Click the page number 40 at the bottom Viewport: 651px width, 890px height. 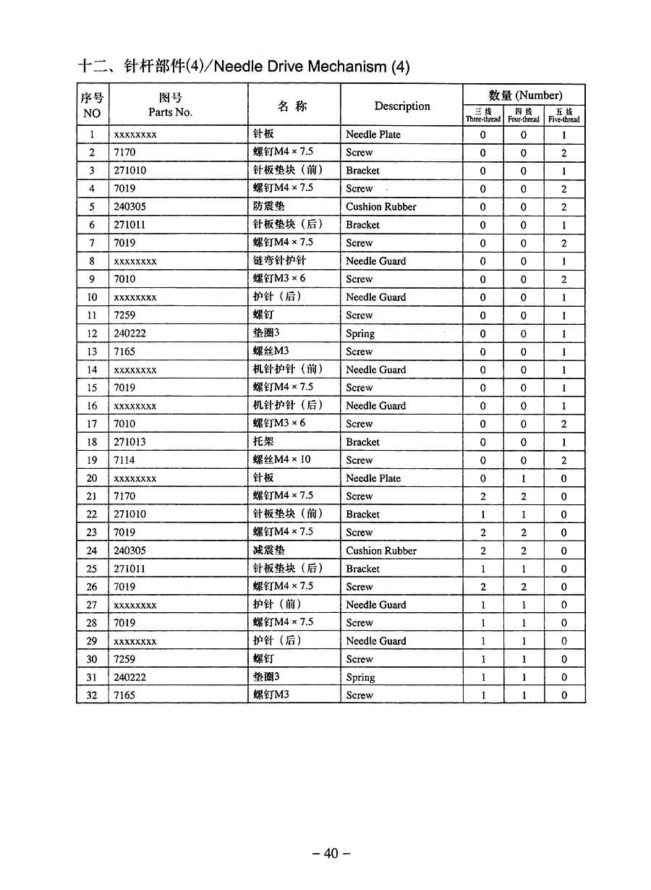point(331,853)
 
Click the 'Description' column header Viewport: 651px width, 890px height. point(402,106)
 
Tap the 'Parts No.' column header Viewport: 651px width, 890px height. point(171,112)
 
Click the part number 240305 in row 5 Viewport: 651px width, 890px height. point(129,206)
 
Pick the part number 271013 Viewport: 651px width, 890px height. point(129,442)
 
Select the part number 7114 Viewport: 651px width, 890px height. point(124,460)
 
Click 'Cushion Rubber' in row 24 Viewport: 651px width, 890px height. point(381,551)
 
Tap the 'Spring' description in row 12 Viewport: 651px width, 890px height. point(360,334)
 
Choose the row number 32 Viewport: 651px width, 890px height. point(92,695)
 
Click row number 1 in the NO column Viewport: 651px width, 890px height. point(92,135)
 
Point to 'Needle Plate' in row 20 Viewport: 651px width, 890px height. point(373,478)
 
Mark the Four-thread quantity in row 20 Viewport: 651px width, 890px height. point(524,478)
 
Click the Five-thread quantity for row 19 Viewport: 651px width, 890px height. point(564,460)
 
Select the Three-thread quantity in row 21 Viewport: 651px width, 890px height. point(483,496)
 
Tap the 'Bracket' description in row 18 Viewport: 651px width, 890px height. point(362,442)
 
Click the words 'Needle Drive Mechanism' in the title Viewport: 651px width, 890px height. point(300,67)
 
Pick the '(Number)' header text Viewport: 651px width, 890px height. point(538,95)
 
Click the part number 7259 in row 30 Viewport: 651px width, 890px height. point(124,659)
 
